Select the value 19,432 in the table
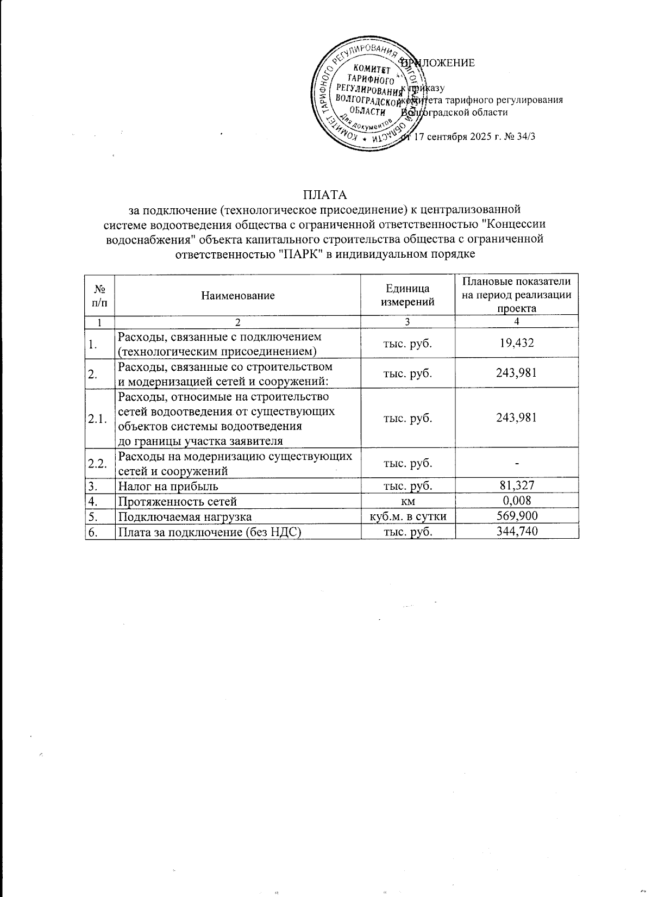(x=517, y=342)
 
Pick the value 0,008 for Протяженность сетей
(x=517, y=501)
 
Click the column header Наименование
(x=238, y=296)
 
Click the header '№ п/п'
(x=99, y=296)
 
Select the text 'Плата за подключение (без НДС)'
(x=210, y=532)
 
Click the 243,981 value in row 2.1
(x=517, y=418)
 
